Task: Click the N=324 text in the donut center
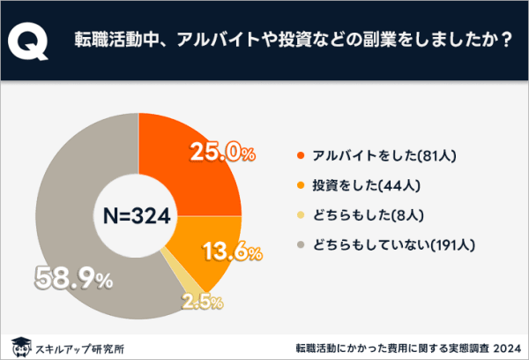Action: tap(138, 214)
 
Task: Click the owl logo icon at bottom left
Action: tap(19, 343)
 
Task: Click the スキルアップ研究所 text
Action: tap(78, 345)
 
